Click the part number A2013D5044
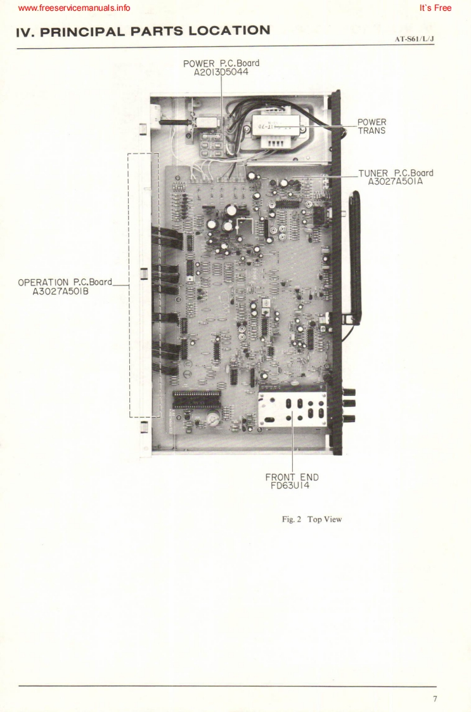point(221,72)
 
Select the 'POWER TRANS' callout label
point(371,126)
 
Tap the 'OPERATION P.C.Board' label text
point(65,282)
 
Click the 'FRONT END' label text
point(292,478)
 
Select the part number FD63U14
point(292,487)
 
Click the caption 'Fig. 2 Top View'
point(312,519)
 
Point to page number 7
point(435,699)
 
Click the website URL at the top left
point(75,8)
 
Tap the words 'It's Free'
point(436,8)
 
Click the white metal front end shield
point(293,409)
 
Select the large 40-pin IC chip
point(197,399)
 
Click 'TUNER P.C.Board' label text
point(396,172)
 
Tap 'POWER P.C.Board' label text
point(221,63)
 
